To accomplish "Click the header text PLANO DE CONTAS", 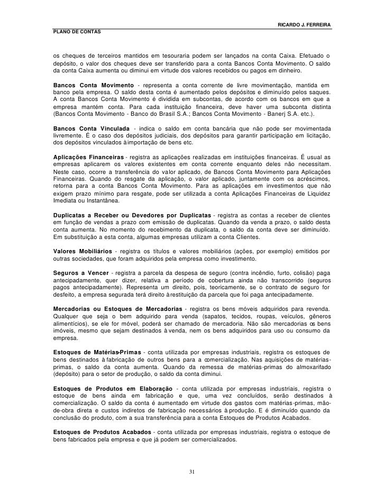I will pos(74,33).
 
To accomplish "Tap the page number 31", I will pos(192,472).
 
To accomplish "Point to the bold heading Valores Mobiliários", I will pos(84,251).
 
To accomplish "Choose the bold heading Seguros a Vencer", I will pos(78,272).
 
